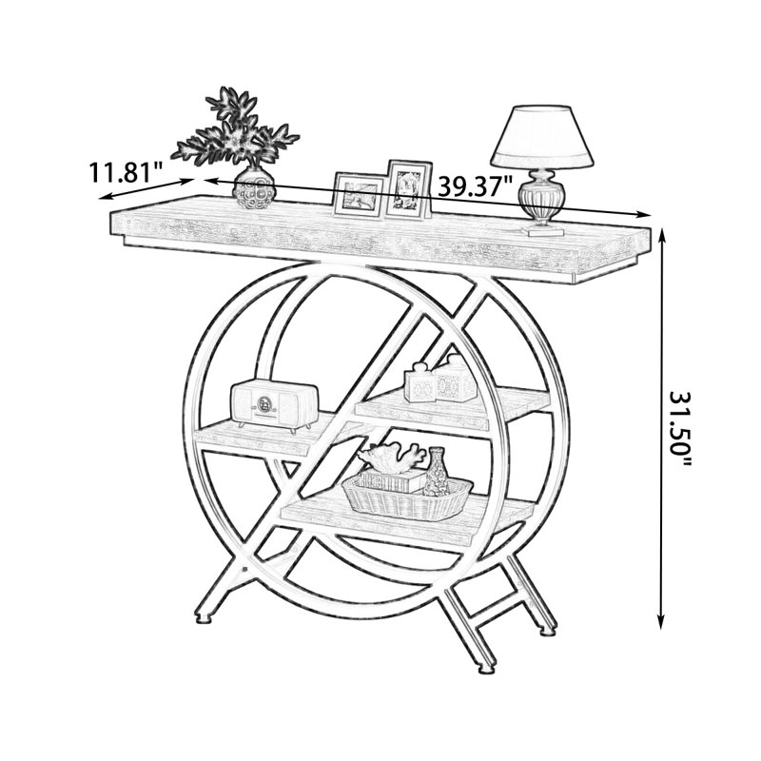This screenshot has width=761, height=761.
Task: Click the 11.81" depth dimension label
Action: point(125,172)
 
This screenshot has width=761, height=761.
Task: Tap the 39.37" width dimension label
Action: point(475,185)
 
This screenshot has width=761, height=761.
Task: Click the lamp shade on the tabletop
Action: point(542,136)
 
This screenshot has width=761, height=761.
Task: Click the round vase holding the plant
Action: point(254,187)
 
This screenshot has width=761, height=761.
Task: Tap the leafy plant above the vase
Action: point(235,128)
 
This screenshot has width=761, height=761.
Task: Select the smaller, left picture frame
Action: point(359,195)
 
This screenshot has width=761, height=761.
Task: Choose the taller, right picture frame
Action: point(409,188)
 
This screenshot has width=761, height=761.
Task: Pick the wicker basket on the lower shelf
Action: point(407,497)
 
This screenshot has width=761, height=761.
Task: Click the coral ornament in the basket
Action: point(391,458)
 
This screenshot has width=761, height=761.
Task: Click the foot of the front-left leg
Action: point(204,617)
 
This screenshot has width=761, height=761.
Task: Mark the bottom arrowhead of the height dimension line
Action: point(660,621)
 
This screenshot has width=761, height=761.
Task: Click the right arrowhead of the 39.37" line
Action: point(643,214)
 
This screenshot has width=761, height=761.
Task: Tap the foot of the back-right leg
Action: point(549,631)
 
